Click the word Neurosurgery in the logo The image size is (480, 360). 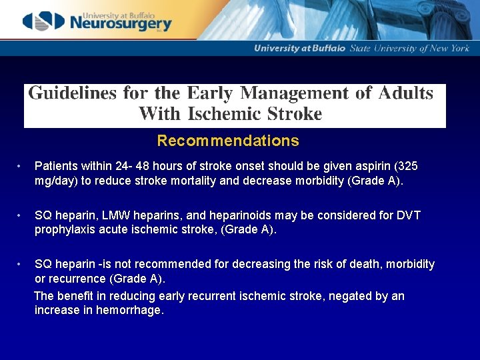119,25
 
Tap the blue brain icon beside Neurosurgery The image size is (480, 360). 45,21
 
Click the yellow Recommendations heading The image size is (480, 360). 228,141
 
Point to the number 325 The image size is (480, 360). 408,165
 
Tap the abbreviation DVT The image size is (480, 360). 406,215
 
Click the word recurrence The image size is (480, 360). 77,278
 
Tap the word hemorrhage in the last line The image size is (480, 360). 129,310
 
